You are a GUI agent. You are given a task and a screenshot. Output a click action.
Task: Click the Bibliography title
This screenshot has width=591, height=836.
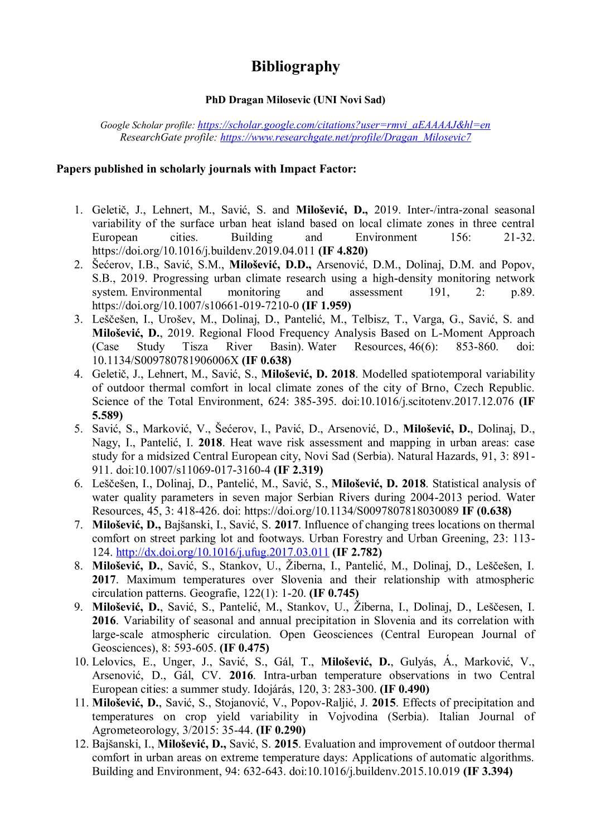[x=295, y=66]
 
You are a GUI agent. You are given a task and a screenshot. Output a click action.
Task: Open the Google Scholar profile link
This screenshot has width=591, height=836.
[x=343, y=125]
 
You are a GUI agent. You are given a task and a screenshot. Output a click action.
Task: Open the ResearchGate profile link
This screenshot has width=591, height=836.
[x=345, y=137]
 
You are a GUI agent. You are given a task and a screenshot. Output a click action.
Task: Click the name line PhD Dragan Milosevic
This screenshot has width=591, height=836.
[x=295, y=100]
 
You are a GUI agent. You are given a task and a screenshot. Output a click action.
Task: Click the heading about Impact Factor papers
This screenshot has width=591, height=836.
[x=206, y=169]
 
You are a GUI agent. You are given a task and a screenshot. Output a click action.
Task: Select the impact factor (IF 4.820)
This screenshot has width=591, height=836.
[x=343, y=251]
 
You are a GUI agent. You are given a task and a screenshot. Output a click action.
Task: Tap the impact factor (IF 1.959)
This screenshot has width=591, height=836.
[x=326, y=305]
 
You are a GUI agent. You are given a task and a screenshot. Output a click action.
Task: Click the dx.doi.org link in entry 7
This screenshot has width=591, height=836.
[x=222, y=552]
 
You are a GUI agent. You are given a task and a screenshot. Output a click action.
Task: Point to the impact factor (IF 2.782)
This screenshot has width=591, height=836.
[x=357, y=552]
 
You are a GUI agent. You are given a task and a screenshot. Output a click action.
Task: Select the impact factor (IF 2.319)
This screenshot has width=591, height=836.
[x=298, y=470]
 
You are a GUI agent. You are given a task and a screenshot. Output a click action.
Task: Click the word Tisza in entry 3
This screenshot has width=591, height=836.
[x=195, y=347]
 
